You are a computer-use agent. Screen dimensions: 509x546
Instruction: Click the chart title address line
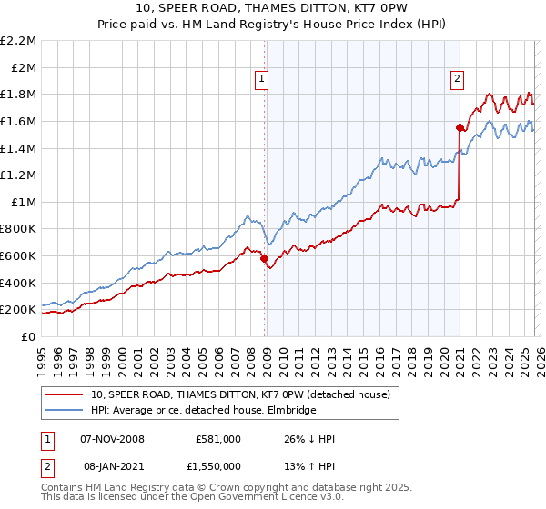click(x=273, y=8)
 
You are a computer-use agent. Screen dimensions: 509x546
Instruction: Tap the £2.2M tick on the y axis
click(x=18, y=41)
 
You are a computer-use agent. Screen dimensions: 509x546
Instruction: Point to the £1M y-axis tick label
click(x=23, y=202)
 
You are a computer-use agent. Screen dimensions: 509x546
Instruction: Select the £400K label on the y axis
click(x=18, y=283)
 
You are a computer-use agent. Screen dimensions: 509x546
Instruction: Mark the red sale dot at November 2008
click(x=265, y=259)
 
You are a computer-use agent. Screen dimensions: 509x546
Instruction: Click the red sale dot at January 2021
click(x=460, y=128)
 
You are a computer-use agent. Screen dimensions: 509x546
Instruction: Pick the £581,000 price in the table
click(x=218, y=439)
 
